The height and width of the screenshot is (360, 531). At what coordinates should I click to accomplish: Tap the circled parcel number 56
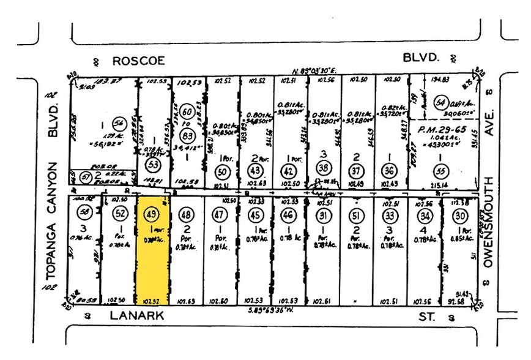[x=111, y=122]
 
